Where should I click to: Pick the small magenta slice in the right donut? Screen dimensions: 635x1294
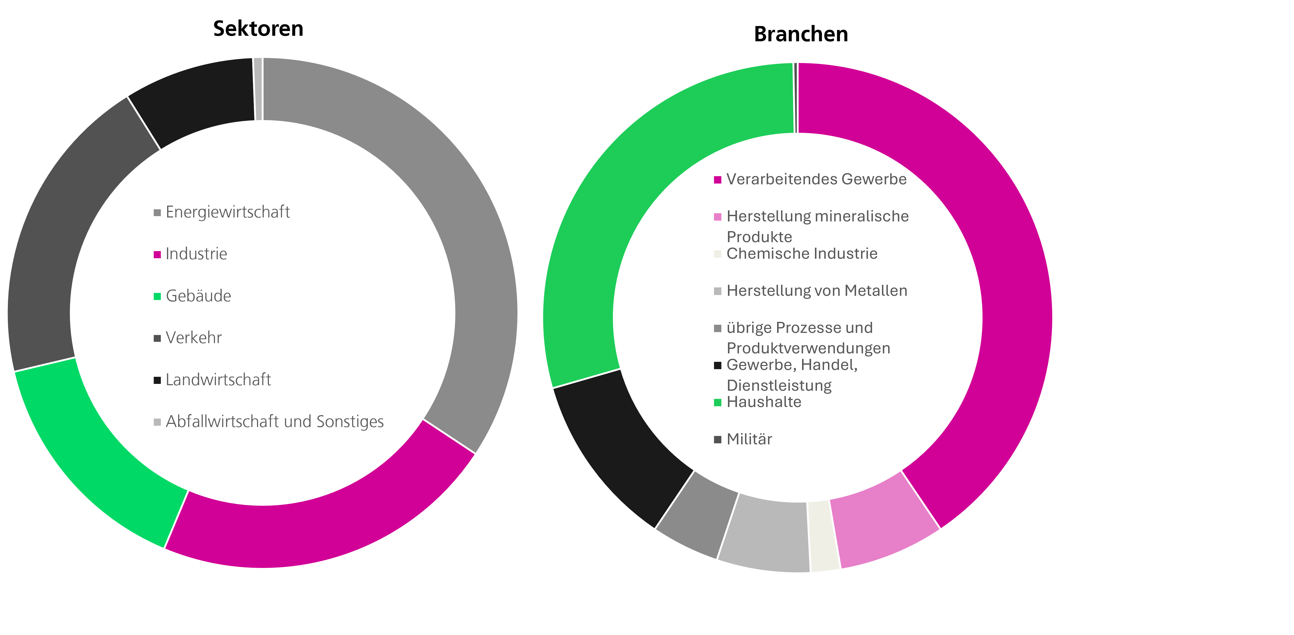pos(882,523)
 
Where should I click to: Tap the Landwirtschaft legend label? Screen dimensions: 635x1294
pos(218,380)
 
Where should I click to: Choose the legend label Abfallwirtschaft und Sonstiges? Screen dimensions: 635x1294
pos(274,421)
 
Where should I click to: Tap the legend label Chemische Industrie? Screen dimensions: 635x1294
pos(802,253)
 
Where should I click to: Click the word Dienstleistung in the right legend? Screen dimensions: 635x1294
pos(779,386)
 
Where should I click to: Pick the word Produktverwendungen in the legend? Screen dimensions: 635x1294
pos(808,348)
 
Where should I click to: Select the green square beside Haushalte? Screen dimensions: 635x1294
pos(717,402)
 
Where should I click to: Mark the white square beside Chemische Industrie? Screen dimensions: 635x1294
pos(717,254)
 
